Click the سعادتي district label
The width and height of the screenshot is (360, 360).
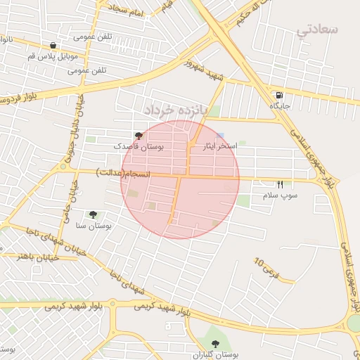318,30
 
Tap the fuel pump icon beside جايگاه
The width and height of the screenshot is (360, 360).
280,95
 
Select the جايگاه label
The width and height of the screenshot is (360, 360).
280,106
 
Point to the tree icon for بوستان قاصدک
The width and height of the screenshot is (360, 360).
138,136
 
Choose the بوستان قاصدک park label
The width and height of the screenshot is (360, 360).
138,147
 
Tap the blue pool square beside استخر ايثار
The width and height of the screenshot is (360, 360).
221,136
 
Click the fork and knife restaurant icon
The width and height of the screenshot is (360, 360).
281,184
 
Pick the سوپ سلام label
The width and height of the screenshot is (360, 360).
281,195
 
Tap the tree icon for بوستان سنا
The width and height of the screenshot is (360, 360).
93,214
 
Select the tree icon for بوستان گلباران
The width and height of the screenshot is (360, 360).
216,343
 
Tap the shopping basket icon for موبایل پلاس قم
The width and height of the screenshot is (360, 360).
54,45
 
